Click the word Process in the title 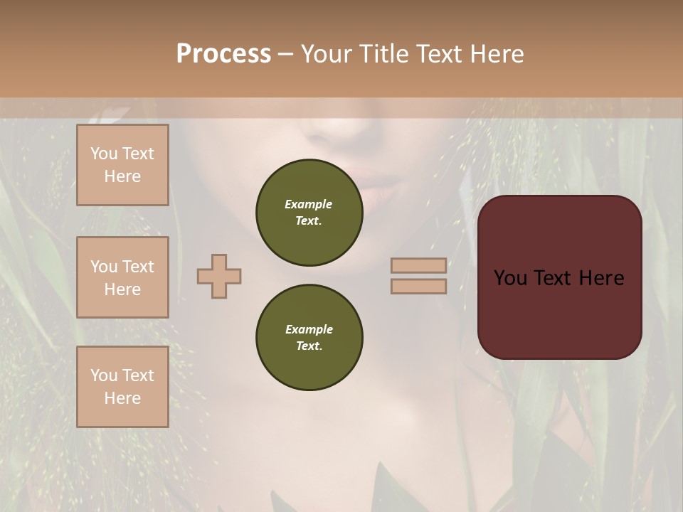223,54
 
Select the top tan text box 122,165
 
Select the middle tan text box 122,277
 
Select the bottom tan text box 122,387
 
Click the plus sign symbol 219,276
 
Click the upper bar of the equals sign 418,265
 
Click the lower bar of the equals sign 418,286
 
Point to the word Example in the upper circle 309,204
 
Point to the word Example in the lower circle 309,329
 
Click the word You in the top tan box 103,154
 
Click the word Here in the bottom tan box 122,398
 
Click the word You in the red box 510,278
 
